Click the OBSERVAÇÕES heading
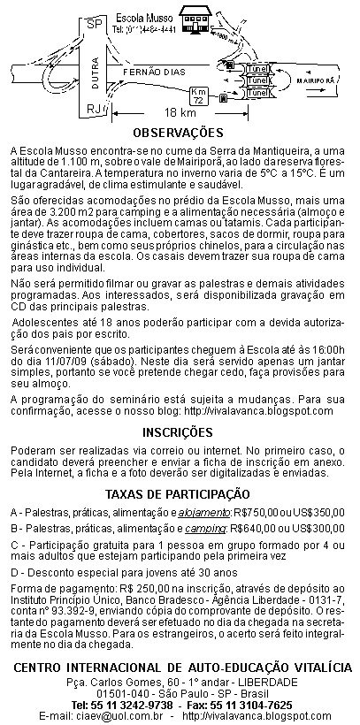click(x=179, y=133)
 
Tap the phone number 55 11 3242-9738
click(x=131, y=705)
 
